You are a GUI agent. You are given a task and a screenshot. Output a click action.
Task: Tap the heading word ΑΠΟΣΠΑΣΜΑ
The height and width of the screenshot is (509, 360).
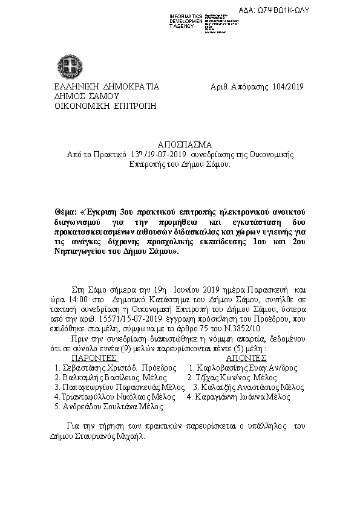185,145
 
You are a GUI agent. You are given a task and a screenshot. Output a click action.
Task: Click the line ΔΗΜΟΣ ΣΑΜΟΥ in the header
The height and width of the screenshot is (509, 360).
87,96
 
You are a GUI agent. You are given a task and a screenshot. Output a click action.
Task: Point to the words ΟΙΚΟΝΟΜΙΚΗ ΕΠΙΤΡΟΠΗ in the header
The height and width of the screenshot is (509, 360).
105,105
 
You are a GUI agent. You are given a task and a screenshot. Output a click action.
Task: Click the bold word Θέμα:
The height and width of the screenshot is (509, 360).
66,213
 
